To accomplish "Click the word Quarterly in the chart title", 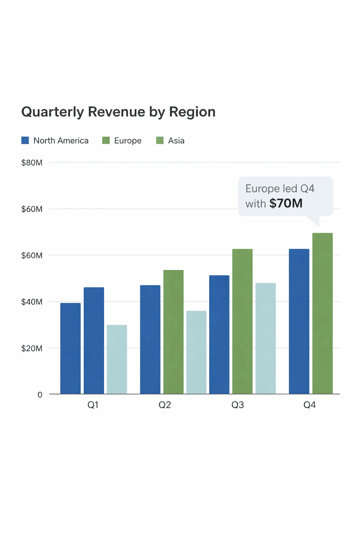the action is click(x=53, y=112).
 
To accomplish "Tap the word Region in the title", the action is click(x=192, y=112).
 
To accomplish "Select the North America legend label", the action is click(x=61, y=141).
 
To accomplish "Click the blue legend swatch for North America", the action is click(x=25, y=140).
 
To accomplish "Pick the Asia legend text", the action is click(x=176, y=141).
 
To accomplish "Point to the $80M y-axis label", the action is click(x=32, y=163).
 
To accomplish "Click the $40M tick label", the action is click(x=32, y=302).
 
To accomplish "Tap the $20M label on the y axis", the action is click(x=32, y=348).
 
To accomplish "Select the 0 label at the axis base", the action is click(x=40, y=395).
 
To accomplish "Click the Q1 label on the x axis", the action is click(x=93, y=405).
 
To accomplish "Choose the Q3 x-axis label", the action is click(x=238, y=405).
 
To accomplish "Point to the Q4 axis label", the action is click(x=310, y=405).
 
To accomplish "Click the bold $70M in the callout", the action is click(x=286, y=203).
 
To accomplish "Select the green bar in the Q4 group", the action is click(x=323, y=313).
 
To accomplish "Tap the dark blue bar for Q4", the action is click(x=299, y=321).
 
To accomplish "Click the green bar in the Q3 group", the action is click(x=243, y=321).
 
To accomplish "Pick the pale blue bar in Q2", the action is click(x=196, y=353).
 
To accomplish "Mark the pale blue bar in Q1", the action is click(x=117, y=359).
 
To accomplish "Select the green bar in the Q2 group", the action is click(x=173, y=332).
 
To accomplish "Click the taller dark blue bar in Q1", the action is click(x=94, y=341).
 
